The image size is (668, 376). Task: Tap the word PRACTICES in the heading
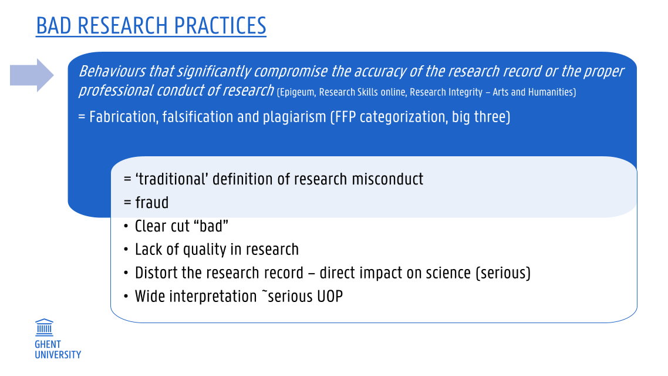click(220, 26)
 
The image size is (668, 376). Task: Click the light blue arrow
click(32, 75)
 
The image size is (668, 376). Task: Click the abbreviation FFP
click(343, 117)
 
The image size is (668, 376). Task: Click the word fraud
click(151, 203)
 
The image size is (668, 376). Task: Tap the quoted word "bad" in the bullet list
click(214, 226)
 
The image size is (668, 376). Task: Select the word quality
click(204, 250)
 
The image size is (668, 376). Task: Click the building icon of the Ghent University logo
click(44, 327)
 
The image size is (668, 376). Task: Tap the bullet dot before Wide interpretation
click(126, 296)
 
